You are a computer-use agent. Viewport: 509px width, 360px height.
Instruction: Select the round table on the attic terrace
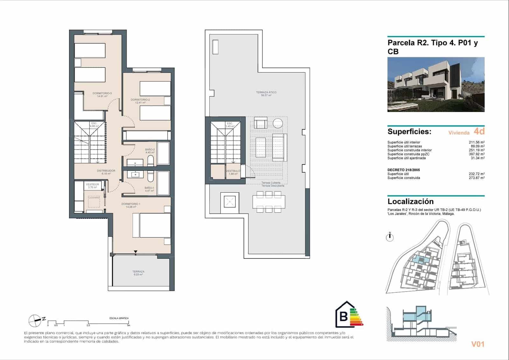278,123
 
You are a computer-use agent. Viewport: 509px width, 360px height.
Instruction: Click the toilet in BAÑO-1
151,176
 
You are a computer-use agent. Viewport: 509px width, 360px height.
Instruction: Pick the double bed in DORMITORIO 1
155,225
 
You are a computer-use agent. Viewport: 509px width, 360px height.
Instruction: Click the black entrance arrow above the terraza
136,252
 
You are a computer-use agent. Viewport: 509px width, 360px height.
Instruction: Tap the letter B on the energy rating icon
343,316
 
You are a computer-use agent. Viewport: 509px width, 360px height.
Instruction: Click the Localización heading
410,201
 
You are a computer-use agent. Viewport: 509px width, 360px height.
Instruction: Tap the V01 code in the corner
478,344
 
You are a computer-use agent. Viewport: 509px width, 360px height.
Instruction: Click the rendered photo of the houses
436,84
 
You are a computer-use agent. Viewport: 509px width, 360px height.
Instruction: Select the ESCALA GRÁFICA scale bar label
119,318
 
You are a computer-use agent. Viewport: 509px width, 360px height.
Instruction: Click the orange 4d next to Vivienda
479,131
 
